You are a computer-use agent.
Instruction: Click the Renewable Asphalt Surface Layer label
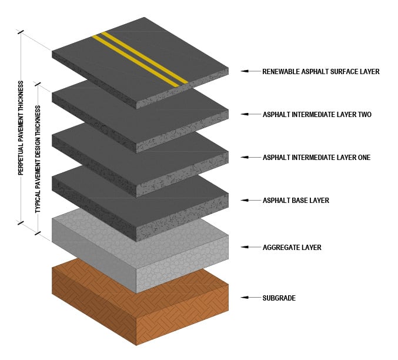pos(321,71)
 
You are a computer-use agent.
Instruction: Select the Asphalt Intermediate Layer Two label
pos(317,114)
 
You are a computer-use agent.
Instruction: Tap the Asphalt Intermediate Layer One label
pos(316,157)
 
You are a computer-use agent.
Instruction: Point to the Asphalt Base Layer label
pos(296,201)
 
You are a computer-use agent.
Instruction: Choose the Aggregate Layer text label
pos(292,248)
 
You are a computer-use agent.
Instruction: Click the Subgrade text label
pos(279,298)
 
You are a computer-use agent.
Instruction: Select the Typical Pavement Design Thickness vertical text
pos(38,159)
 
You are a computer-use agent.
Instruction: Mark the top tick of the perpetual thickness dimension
pos(22,32)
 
